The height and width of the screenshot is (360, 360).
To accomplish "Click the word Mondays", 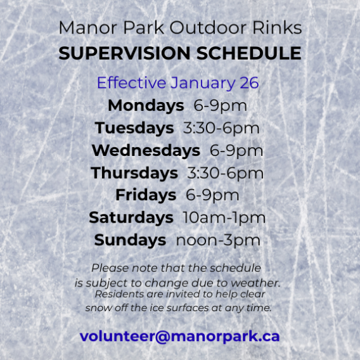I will pos(146,106).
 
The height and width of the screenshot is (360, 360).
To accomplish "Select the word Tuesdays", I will pos(134,128).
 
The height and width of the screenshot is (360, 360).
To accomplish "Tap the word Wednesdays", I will pos(146,151).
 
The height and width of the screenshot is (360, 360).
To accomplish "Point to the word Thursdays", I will pos(134,173).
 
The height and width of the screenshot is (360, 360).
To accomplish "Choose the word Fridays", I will pos(146,195).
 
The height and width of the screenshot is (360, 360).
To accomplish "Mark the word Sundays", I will pos(130,240).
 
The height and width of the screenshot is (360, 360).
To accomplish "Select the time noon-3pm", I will pos(218,240).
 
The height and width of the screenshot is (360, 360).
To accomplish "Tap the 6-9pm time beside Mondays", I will pos(216,106).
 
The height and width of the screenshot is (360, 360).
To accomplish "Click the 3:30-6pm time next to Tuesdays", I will pos(221,128).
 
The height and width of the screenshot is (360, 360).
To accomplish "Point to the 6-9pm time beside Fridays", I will pos(212,195).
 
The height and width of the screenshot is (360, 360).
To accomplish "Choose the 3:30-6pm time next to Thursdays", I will pos(225,173).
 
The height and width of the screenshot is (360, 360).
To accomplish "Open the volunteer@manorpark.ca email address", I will pos(179,337).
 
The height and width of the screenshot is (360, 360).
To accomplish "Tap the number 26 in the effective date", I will pos(249,84).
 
